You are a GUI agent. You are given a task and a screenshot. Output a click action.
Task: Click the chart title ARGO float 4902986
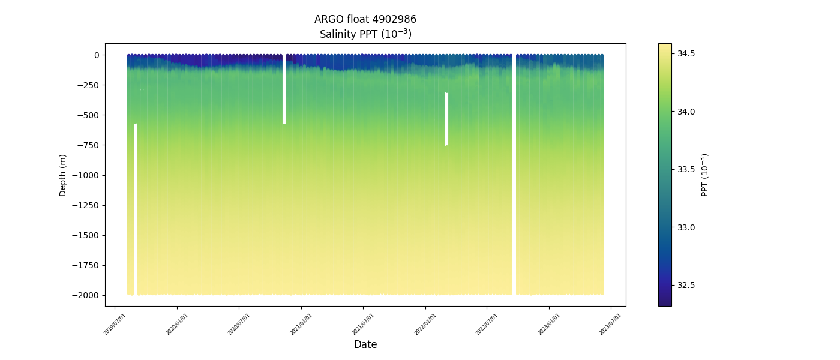[x=365, y=19]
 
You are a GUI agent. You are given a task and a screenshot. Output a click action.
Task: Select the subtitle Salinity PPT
[x=365, y=34]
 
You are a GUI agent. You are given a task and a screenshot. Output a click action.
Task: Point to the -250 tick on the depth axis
[x=89, y=85]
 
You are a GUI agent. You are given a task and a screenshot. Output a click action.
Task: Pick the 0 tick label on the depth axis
[x=96, y=55]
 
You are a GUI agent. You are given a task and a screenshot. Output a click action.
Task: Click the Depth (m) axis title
[x=63, y=175]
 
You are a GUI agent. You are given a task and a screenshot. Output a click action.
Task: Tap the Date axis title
[x=365, y=344]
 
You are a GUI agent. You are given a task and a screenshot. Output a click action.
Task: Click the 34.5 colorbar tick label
[x=686, y=54]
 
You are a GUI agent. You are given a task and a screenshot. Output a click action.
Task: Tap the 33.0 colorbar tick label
[x=686, y=227]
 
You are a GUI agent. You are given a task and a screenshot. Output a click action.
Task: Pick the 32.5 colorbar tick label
[x=686, y=285]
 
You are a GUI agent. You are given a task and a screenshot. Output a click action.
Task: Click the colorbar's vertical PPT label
[x=705, y=175]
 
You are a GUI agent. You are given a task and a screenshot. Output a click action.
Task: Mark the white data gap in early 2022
[x=446, y=119]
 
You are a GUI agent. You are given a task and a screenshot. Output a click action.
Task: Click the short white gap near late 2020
[x=284, y=90]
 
